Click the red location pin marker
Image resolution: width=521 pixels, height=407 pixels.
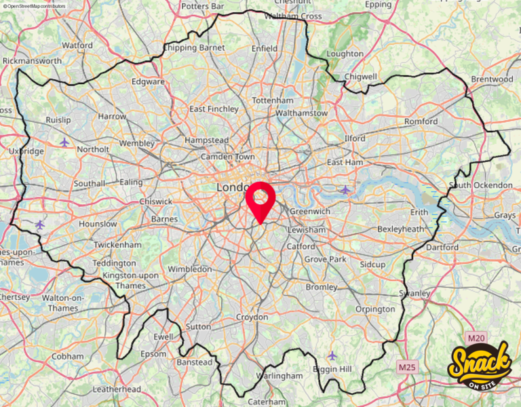260,198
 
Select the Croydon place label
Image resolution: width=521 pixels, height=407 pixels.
252,317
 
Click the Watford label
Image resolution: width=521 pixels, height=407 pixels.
77,45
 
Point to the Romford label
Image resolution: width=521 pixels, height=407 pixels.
421,121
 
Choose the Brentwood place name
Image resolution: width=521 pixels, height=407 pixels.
492,79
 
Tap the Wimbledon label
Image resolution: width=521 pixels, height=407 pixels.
190,269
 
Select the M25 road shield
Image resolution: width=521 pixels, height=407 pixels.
406,367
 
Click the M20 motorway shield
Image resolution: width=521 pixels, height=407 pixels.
477,337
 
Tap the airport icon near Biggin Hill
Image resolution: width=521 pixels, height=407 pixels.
332,355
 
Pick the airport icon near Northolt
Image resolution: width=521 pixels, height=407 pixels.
64,142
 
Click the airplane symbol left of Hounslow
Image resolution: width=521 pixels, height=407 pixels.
39,224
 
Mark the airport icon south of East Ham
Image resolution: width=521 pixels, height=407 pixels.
345,189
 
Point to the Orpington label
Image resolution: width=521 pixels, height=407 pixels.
375,309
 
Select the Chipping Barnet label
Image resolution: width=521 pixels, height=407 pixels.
189,47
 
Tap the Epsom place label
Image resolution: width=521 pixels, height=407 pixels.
153,353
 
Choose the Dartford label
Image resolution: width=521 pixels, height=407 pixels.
442,247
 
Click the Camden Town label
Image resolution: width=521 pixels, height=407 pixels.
227,156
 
